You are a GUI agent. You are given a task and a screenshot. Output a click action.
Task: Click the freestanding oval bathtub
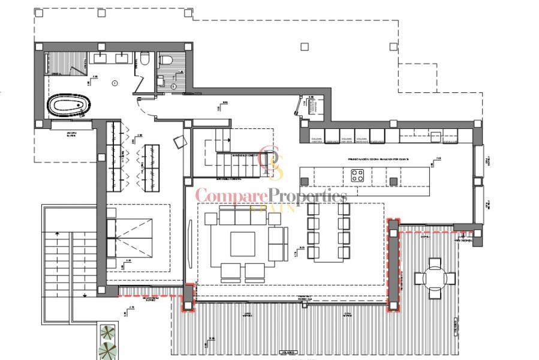pyautogui.click(x=66, y=107)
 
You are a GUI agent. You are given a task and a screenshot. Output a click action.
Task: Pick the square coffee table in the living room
pyautogui.click(x=242, y=244)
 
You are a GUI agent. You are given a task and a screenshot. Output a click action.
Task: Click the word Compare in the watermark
pyautogui.click(x=231, y=196)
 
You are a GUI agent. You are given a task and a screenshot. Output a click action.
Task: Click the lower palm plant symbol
pyautogui.click(x=108, y=350)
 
